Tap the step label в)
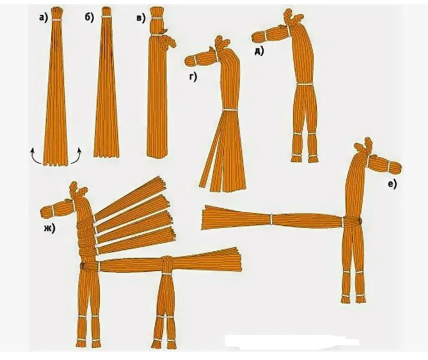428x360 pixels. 141,18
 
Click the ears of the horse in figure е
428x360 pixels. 365,144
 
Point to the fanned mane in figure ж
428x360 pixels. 135,216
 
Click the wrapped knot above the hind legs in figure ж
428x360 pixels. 166,264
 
